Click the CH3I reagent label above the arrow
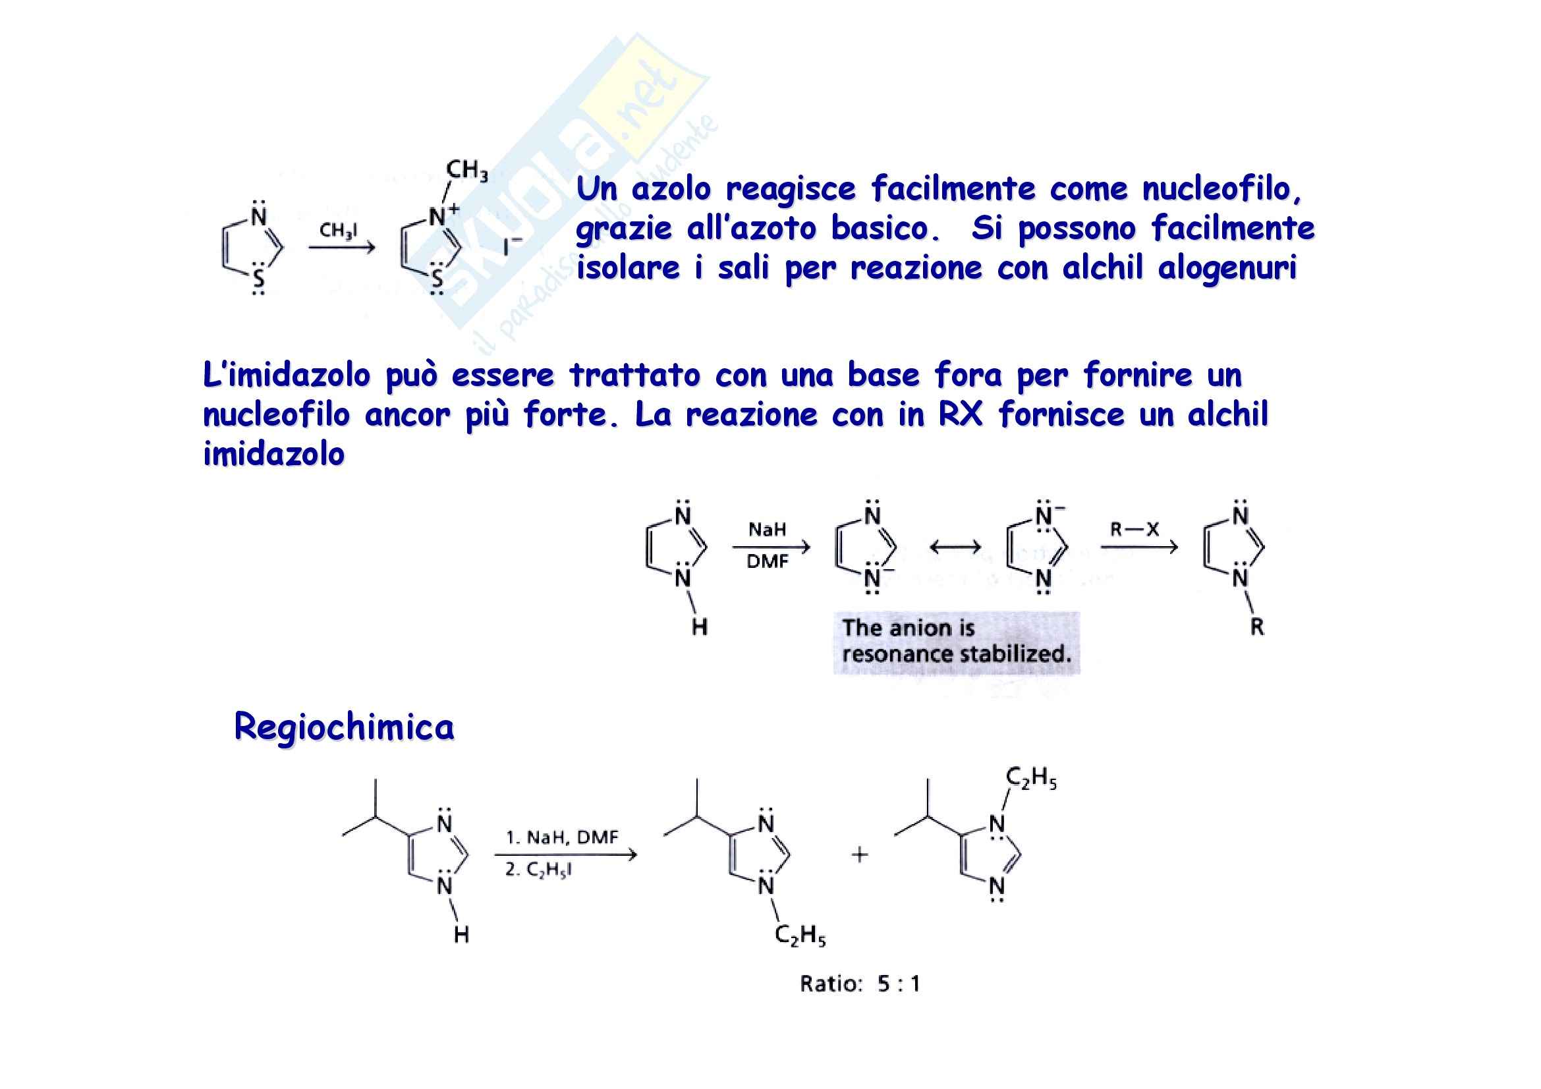(x=338, y=231)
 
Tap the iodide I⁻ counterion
(x=512, y=246)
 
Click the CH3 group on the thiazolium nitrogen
(x=466, y=171)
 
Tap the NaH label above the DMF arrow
(x=766, y=530)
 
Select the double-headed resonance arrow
(x=955, y=547)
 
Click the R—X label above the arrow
(x=1135, y=530)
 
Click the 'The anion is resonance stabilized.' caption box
(x=956, y=642)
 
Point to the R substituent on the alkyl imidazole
(x=1256, y=627)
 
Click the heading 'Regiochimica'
(x=344, y=727)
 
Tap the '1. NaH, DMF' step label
(x=562, y=837)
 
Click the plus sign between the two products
(x=859, y=854)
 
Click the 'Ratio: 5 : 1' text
(x=859, y=984)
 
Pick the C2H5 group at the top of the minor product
(x=1030, y=778)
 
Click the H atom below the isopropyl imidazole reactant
(x=461, y=935)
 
